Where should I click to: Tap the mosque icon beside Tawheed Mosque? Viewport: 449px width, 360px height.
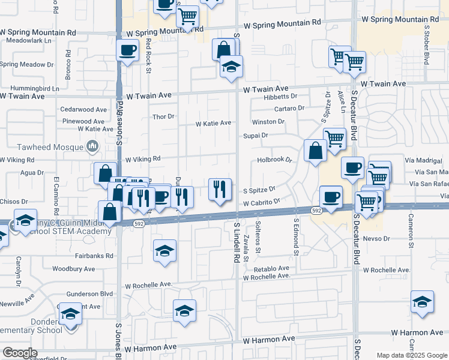(92, 146)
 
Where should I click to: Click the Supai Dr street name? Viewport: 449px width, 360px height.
(255, 136)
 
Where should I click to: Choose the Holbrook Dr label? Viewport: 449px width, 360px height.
(274, 160)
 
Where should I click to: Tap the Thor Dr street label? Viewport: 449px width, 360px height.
(163, 116)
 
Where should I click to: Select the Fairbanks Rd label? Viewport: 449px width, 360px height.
(94, 256)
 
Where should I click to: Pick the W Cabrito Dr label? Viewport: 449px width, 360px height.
(262, 202)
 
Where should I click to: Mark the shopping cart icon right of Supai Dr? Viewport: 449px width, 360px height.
(334, 139)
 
